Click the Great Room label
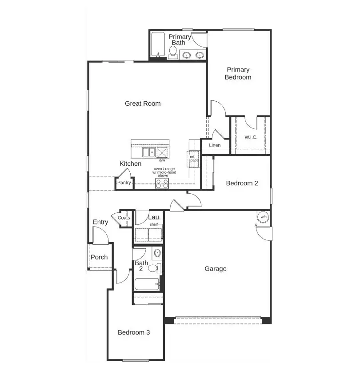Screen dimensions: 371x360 point(142,104)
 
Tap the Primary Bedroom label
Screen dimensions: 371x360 point(238,73)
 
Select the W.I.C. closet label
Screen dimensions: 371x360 point(251,137)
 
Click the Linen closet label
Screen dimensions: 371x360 point(215,145)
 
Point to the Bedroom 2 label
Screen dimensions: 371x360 point(242,183)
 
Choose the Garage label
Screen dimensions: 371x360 point(215,268)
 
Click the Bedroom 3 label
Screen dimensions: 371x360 point(133,332)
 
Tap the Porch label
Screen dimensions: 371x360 point(99,257)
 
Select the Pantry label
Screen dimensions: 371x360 point(124,183)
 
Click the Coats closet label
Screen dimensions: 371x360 point(124,218)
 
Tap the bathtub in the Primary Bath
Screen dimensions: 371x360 point(158,45)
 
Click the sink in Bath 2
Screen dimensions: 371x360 point(157,254)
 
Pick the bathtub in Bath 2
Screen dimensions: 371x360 point(147,283)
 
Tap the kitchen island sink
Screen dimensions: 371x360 point(148,152)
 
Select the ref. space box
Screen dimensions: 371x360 point(193,159)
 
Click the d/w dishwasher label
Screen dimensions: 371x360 point(162,160)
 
